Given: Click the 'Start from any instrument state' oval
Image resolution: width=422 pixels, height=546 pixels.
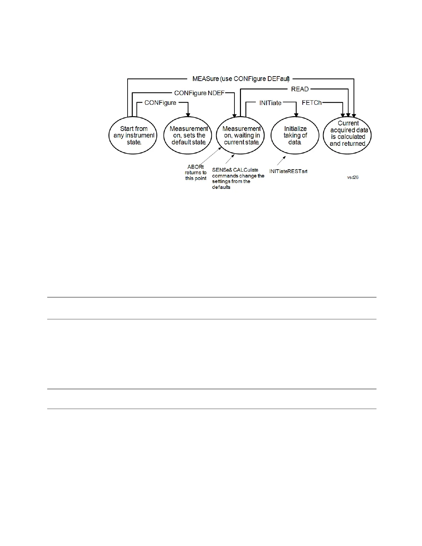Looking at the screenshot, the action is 133,135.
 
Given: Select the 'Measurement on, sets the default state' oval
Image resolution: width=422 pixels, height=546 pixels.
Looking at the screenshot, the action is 188,135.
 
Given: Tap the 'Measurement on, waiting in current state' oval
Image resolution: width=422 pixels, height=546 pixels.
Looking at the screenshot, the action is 241,135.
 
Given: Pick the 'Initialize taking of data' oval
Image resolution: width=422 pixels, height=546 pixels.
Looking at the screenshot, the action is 295,135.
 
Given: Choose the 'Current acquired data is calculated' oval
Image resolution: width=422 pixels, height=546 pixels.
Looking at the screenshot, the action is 347,135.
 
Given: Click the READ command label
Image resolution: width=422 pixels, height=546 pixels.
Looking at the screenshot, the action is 300,89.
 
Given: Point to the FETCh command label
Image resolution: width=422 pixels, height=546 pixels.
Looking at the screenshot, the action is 312,103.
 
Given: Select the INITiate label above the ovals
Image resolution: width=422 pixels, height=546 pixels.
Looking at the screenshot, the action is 270,103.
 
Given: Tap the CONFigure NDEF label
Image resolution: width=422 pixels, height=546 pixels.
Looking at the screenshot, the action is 199,93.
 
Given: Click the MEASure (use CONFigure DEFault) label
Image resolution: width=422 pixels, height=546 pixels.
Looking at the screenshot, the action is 241,79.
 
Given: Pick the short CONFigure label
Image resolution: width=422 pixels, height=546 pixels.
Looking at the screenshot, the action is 160,103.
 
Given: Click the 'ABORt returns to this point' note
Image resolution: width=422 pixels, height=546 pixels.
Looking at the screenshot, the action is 196,172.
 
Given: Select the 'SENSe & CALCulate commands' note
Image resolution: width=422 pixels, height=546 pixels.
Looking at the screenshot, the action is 238,179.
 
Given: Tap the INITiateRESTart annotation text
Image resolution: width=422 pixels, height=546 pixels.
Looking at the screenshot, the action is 288,171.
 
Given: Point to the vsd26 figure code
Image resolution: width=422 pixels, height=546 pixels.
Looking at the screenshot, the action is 353,177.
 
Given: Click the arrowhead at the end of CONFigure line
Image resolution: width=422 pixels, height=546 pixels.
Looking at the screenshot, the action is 188,114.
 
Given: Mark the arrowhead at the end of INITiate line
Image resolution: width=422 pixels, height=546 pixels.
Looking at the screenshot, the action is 296,114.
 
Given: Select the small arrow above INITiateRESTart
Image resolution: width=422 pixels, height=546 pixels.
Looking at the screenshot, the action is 282,160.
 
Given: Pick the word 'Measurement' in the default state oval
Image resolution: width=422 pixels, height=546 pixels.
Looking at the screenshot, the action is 189,129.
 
